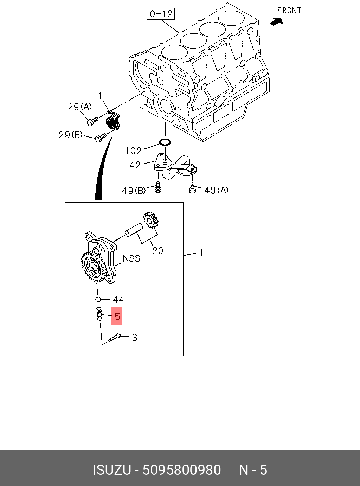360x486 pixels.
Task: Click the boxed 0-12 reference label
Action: pos(161,14)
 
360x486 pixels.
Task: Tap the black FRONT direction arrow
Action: pos(276,22)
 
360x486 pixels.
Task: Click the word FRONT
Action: pos(289,11)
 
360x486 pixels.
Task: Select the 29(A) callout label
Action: pos(79,107)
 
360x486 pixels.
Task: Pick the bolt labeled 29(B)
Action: pos(100,137)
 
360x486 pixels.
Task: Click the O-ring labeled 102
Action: pos(165,142)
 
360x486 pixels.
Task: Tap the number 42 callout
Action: pos(135,165)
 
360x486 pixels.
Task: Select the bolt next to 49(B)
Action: pos(158,187)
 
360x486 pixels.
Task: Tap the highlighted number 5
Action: pos(117,316)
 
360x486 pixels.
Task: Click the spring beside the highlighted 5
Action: pos(99,314)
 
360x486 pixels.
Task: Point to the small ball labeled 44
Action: pos(98,299)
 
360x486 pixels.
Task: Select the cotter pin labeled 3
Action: pos(115,338)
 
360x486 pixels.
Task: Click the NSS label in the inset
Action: pos(131,258)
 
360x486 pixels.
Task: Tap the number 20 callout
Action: pos(157,251)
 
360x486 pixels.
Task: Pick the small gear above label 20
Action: pos(150,220)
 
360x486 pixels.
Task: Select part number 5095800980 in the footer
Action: pos(181,470)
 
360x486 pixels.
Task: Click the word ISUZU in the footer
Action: pos(111,470)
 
